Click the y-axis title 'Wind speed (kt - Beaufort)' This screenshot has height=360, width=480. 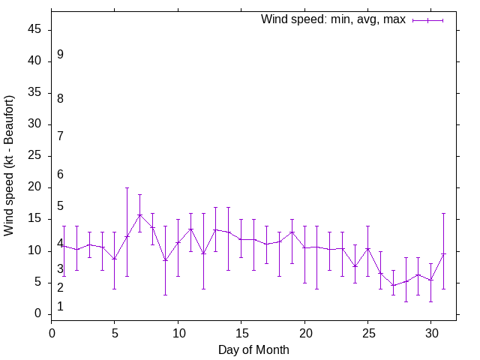[x=9, y=166]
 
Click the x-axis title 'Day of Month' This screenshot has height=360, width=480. [x=253, y=349]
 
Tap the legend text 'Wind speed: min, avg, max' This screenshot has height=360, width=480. [x=333, y=19]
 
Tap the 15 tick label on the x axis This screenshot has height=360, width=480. [x=241, y=332]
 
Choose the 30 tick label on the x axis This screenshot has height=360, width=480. [x=431, y=332]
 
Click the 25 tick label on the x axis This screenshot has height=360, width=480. [x=367, y=332]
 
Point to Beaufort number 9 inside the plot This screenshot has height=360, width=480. [x=60, y=55]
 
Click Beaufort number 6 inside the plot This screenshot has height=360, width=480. [x=60, y=175]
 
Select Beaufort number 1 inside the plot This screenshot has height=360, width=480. [x=60, y=307]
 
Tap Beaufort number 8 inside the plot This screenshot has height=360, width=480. [x=60, y=99]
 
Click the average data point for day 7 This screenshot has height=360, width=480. [x=140, y=214]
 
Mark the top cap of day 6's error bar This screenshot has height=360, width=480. [x=127, y=187]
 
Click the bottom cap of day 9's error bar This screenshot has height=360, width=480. [x=166, y=295]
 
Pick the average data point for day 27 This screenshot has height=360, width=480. [x=393, y=285]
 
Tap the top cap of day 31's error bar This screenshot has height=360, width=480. [x=444, y=213]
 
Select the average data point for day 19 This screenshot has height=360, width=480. [x=292, y=232]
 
